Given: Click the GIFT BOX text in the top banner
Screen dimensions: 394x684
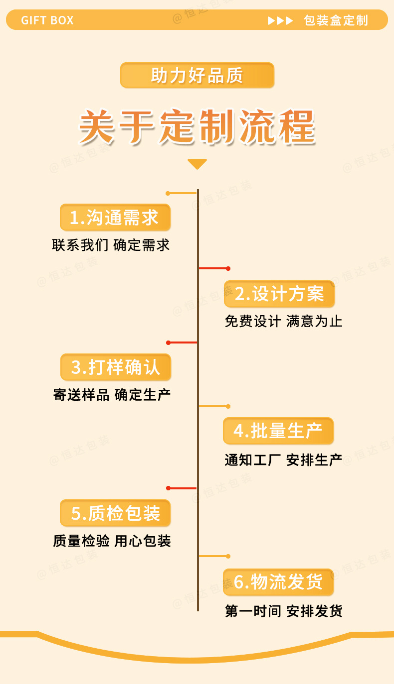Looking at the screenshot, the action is (x=47, y=20).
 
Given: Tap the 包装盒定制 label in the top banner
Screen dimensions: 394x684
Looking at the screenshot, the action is (x=336, y=20).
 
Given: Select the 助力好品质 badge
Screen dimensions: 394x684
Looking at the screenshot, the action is (x=197, y=75).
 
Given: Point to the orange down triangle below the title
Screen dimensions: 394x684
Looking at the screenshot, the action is (x=197, y=164).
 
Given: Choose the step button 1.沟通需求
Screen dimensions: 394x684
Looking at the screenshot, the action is (x=115, y=218).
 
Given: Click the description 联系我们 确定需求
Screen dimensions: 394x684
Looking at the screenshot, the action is (x=111, y=245).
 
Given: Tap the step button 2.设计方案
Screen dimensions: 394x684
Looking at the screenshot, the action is (x=279, y=294).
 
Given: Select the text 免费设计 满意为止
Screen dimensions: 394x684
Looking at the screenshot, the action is (x=283, y=321).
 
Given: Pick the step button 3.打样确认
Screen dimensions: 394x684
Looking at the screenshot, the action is (x=116, y=367).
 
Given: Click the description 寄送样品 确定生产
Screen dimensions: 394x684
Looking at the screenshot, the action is (x=112, y=395).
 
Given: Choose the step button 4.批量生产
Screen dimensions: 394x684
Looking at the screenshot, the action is (x=278, y=431).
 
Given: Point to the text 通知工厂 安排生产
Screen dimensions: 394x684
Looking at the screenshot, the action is (x=283, y=460).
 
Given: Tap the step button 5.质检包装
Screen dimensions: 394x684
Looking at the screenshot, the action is (x=115, y=513).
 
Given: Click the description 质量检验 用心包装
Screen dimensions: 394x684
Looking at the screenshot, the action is (x=112, y=541).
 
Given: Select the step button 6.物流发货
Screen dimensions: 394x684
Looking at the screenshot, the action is (x=278, y=582).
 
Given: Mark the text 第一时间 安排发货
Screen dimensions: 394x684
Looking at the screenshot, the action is (x=283, y=611).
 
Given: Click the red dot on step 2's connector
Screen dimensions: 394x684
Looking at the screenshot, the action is (x=228, y=268).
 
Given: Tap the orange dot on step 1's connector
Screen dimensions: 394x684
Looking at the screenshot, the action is (x=168, y=193).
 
